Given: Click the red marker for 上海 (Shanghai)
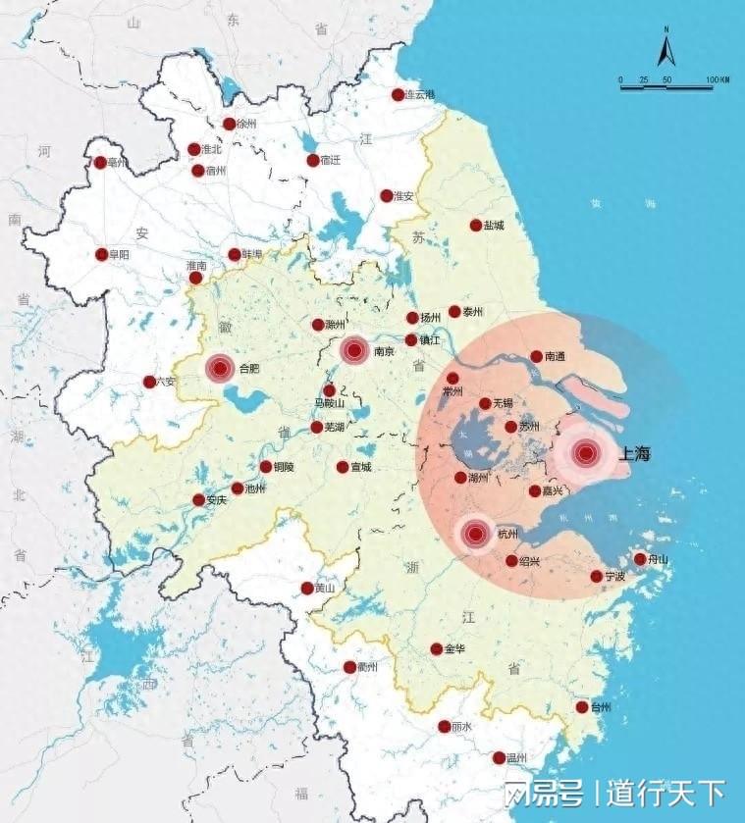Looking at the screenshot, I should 586,453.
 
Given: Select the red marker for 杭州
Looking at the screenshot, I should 476,534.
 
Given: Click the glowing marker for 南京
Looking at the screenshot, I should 354,349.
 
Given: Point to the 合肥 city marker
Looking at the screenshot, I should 220,368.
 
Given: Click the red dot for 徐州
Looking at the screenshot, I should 229,125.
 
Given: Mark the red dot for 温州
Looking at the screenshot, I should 499,757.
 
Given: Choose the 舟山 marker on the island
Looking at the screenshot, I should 640,559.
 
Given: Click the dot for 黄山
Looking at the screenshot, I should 307,588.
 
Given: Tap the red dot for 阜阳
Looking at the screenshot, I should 101,254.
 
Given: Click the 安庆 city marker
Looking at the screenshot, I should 198,499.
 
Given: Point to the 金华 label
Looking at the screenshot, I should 454,649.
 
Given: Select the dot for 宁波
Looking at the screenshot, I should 597,576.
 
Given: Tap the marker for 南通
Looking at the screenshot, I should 537,357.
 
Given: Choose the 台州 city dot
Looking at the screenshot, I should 582,707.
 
